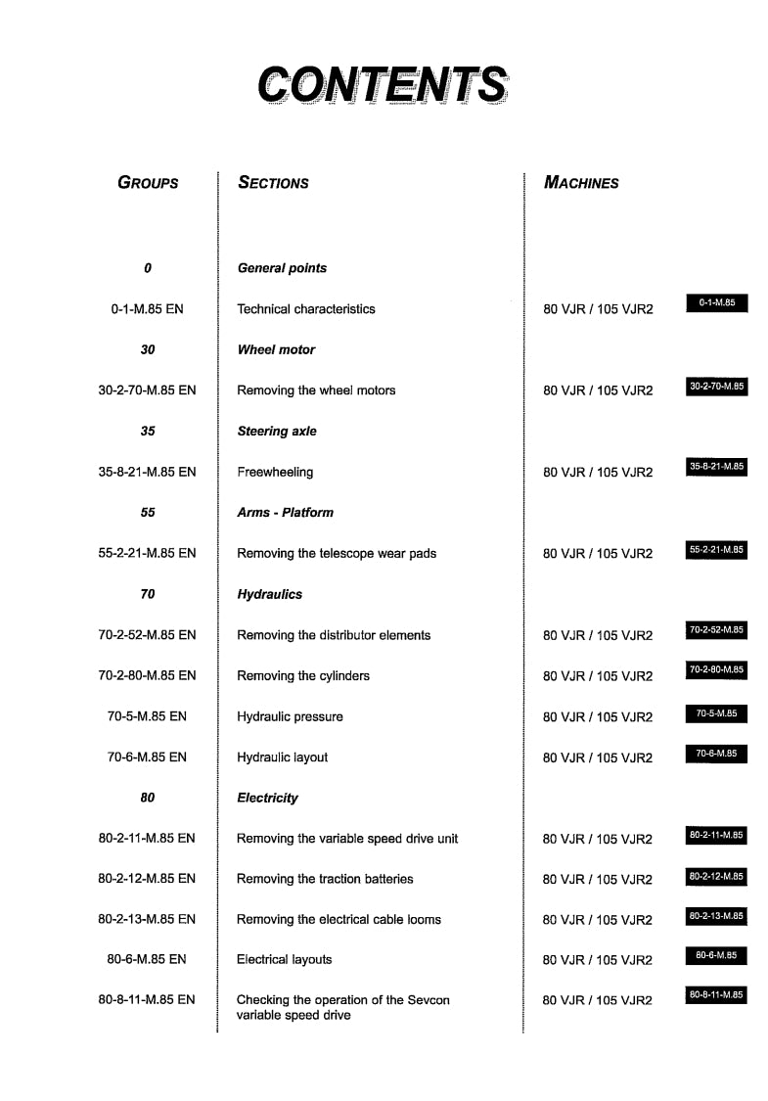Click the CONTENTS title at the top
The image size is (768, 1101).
pos(383,85)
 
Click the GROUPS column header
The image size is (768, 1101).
pos(148,182)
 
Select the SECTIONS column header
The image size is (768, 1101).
pos(273,182)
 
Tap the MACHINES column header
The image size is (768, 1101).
pos(581,182)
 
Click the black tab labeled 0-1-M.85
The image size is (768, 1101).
pos(716,303)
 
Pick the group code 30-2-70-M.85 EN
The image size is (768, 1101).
pos(147,390)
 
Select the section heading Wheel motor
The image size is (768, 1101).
pos(276,349)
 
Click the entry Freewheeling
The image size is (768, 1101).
pos(275,472)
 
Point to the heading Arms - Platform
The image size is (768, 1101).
pos(285,512)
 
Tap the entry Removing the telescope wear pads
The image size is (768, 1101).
pos(337,553)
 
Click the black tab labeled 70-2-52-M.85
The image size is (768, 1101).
pos(716,629)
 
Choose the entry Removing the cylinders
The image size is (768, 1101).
pos(303,675)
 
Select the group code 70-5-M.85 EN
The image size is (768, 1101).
pos(147,716)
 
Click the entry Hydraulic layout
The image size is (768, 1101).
pos(282,757)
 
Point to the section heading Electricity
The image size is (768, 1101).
pos(267,798)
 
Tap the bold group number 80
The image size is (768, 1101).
pos(147,798)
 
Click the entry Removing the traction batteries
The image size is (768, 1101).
pos(325,879)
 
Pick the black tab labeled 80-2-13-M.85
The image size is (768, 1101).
pos(716,916)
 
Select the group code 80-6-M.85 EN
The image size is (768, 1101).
pos(147,959)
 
